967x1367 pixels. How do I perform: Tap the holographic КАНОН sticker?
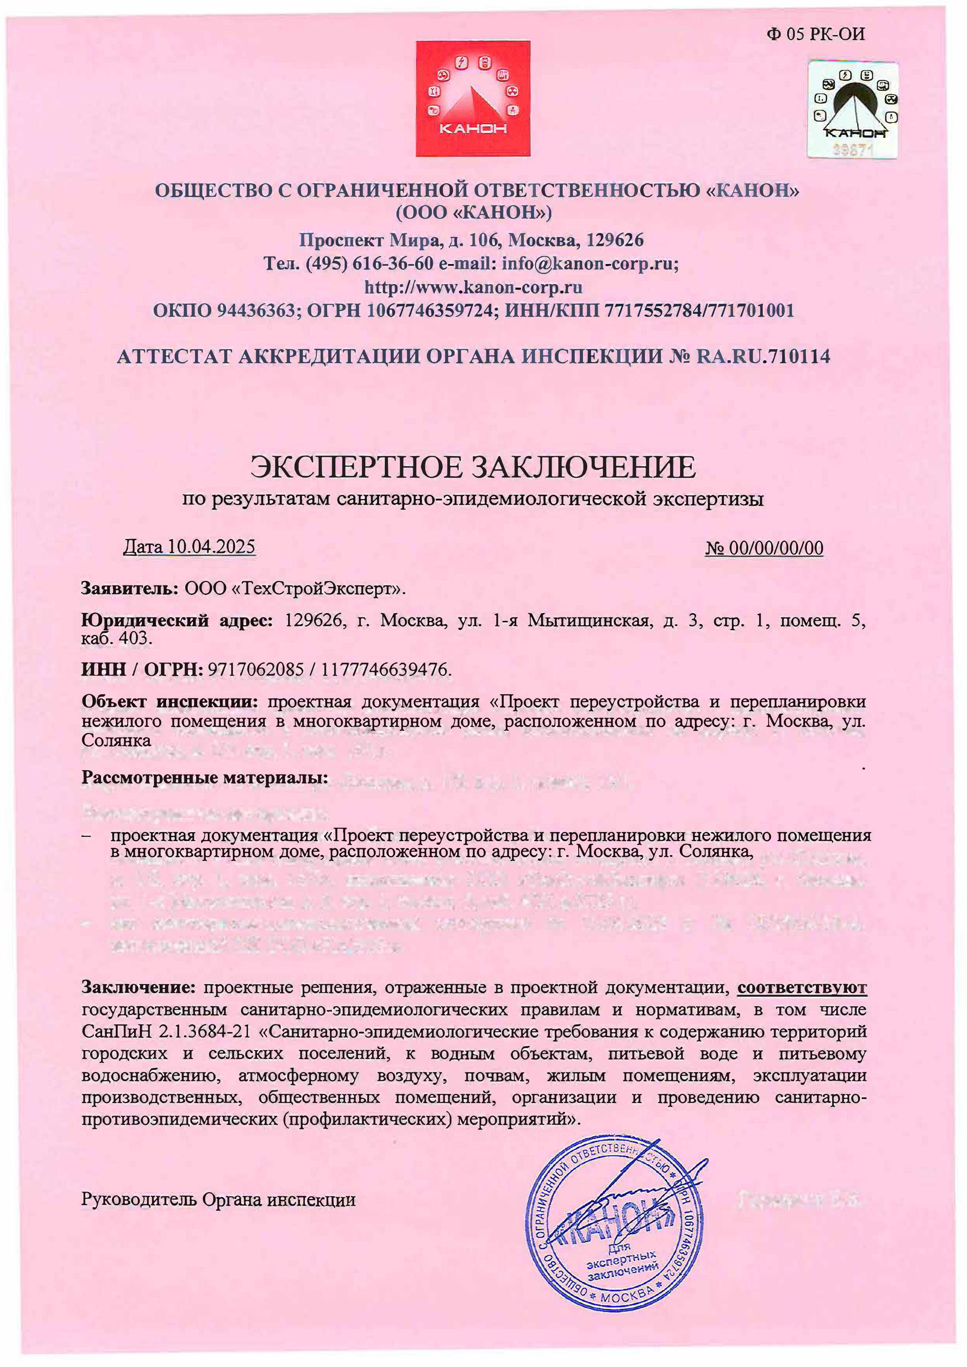853,110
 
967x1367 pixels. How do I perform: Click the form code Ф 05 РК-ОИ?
816,34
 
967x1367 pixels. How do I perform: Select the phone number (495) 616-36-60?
369,263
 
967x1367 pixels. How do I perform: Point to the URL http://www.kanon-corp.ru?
473,287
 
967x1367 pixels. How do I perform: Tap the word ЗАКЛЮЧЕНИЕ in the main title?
584,467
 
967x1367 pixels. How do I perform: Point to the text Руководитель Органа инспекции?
218,1199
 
